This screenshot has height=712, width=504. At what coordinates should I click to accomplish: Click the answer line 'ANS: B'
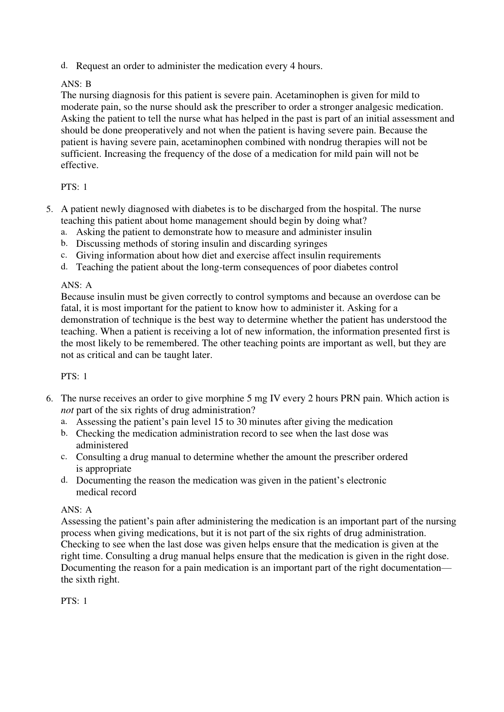[76, 83]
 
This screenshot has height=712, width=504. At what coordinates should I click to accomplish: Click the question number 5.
[50, 209]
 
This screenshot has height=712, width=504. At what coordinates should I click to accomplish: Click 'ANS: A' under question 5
[77, 285]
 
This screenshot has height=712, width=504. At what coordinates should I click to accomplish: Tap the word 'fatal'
[70, 308]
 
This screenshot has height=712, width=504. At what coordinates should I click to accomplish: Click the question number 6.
[50, 398]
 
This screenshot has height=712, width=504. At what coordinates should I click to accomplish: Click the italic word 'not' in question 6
[67, 410]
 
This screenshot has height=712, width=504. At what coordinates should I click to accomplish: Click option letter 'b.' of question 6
[63, 433]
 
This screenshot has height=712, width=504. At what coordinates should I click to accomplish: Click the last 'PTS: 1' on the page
[74, 601]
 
